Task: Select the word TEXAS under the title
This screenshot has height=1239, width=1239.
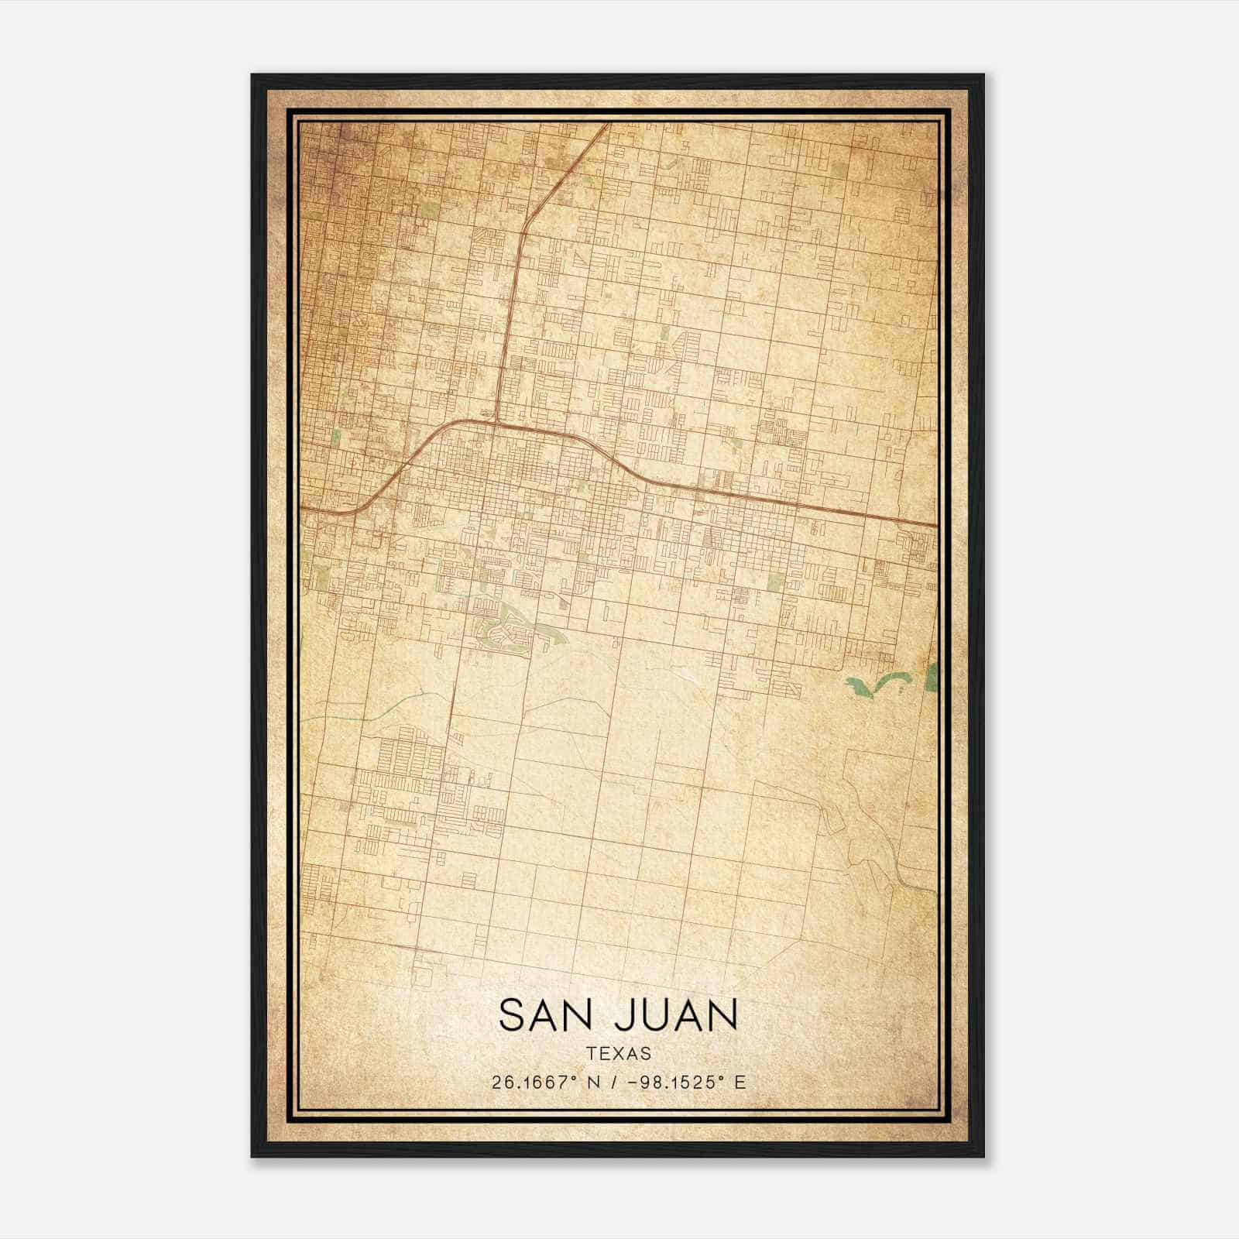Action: (619, 1054)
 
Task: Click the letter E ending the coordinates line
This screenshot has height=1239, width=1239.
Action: (741, 1083)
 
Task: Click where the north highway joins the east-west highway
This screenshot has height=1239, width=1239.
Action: (496, 422)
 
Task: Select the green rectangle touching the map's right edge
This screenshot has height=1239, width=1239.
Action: (932, 676)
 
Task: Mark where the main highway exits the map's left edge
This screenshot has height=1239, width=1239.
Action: (302, 508)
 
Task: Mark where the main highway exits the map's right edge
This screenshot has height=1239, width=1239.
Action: (937, 525)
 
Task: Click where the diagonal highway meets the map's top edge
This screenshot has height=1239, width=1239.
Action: (609, 124)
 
